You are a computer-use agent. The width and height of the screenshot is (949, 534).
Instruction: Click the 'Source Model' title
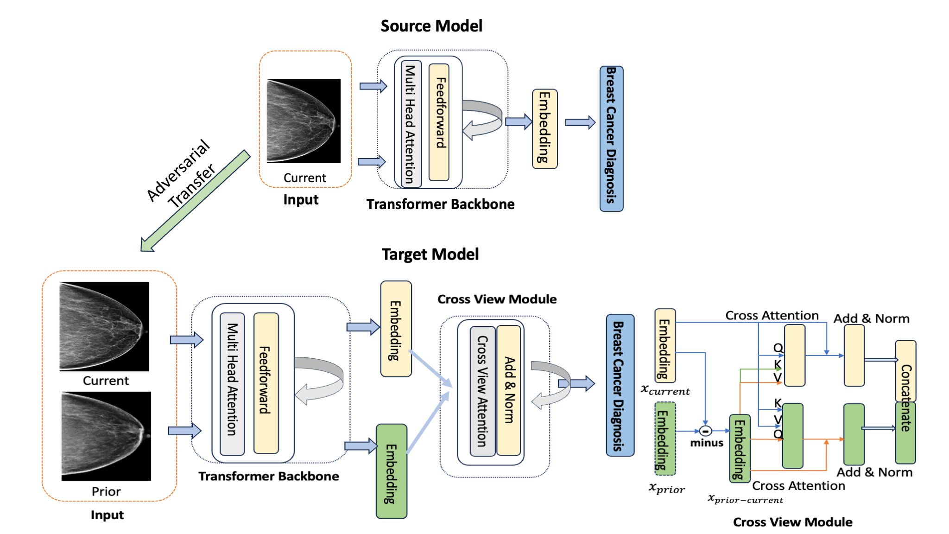(431, 26)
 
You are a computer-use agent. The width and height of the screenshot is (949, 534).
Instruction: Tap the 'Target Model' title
(430, 254)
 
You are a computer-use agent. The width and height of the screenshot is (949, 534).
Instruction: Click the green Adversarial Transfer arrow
(195, 201)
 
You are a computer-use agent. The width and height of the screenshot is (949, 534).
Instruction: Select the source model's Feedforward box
(439, 122)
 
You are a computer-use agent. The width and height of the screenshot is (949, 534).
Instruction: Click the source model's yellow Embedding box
(544, 129)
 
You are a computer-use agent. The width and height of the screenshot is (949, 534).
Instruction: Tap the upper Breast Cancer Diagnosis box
(611, 139)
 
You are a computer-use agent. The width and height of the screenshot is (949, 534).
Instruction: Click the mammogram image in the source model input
(304, 121)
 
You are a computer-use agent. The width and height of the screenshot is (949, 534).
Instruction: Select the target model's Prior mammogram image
(106, 436)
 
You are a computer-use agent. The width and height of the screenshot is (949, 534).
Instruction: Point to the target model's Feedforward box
(266, 383)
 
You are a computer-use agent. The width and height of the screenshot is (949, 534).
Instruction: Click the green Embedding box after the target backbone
(392, 471)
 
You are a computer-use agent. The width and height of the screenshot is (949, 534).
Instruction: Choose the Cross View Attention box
(482, 391)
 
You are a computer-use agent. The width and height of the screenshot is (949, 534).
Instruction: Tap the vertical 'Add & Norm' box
(509, 390)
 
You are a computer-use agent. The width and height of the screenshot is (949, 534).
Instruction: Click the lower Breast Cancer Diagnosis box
(620, 385)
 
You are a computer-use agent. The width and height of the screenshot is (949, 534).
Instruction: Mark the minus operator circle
(705, 431)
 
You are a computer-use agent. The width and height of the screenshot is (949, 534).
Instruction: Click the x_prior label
(666, 488)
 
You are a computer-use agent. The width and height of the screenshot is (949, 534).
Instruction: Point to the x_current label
(665, 390)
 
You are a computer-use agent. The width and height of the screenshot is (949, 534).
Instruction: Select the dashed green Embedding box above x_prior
(665, 439)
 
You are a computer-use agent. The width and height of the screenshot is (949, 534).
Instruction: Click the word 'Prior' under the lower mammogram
(106, 491)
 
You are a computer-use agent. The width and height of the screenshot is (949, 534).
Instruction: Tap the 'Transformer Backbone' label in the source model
(440, 204)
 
